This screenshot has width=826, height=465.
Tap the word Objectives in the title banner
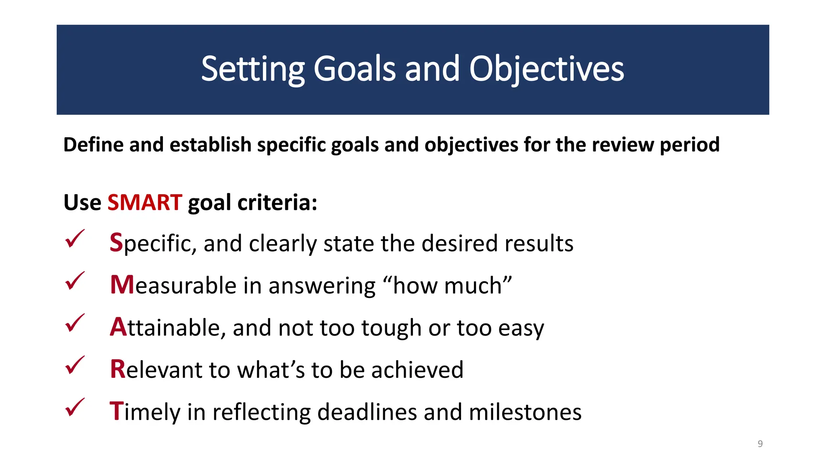(x=546, y=69)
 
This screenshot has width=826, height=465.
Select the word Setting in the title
(x=252, y=69)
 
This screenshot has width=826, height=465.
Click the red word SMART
(x=145, y=202)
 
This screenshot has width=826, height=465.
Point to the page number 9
(x=760, y=444)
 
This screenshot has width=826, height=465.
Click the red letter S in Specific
(x=116, y=243)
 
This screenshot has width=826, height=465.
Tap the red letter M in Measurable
(x=122, y=285)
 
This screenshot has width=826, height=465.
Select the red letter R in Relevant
(x=118, y=369)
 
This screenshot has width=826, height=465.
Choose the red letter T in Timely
(x=116, y=411)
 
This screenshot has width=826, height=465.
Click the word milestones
(x=525, y=412)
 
